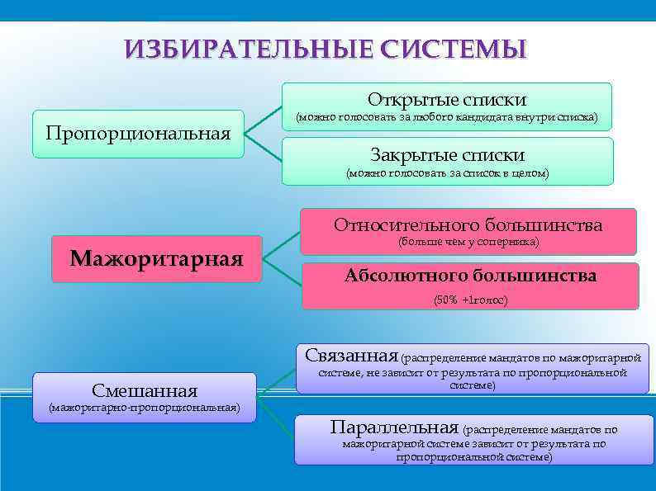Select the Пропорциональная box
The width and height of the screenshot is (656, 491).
pyautogui.click(x=138, y=133)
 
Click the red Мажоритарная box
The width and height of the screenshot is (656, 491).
pyautogui.click(x=156, y=259)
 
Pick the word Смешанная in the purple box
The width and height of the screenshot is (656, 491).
pyautogui.click(x=145, y=390)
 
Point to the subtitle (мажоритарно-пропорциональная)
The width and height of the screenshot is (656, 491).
pyautogui.click(x=145, y=407)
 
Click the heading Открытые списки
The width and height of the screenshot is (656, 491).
pyautogui.click(x=447, y=99)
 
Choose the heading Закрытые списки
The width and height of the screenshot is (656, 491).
pyautogui.click(x=447, y=154)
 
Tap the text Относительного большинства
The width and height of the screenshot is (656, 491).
pyautogui.click(x=468, y=224)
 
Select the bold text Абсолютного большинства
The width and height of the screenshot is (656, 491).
pyautogui.click(x=470, y=276)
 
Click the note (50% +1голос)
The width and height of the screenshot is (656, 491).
pyautogui.click(x=470, y=300)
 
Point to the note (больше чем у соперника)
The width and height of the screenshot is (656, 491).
pyautogui.click(x=468, y=242)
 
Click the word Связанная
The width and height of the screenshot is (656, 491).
pyautogui.click(x=351, y=356)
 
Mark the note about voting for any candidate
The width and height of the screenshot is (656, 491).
pyautogui.click(x=447, y=117)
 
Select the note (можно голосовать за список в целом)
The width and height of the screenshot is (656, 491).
pyautogui.click(x=447, y=173)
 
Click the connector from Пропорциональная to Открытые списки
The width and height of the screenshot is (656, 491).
pyautogui.click(x=264, y=118)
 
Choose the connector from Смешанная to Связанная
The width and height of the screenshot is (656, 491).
pyautogui.click(x=277, y=380)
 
